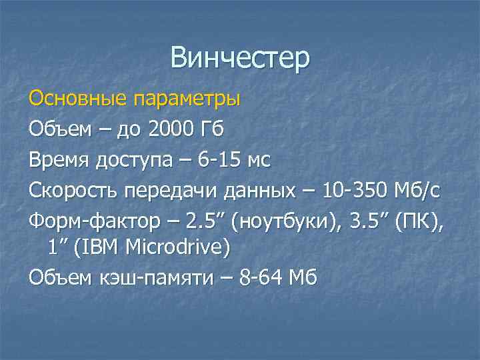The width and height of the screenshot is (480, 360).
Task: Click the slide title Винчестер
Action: click(240, 58)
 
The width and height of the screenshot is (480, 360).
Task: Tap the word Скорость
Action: click(71, 191)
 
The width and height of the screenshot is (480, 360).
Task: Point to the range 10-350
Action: click(354, 190)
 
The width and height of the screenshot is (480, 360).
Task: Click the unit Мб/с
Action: click(418, 190)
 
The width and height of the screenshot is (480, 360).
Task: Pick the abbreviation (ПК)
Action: click(424, 221)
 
